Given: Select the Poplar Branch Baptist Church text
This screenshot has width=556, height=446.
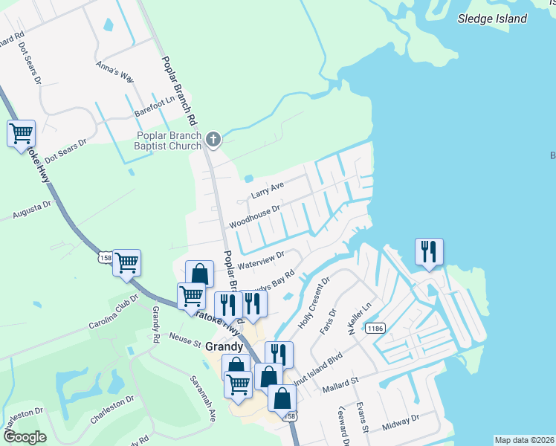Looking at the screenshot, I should [169, 140].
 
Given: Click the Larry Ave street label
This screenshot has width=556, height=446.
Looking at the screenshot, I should [268, 190].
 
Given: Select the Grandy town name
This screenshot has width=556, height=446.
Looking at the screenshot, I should [224, 346].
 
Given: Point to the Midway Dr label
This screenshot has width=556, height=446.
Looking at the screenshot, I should [401, 422].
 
